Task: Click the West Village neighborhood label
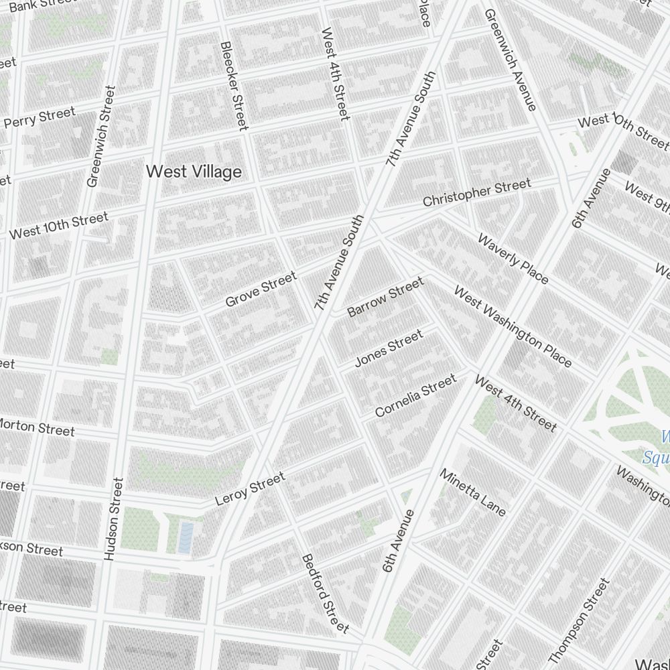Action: [194, 172]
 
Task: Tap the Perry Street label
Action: [40, 118]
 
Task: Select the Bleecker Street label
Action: [234, 86]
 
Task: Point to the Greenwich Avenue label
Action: [511, 60]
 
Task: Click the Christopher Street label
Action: [476, 192]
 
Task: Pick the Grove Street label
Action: [261, 289]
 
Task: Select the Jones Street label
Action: [389, 348]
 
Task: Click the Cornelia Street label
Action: [415, 395]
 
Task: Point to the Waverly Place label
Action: [513, 259]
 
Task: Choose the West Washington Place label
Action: [513, 326]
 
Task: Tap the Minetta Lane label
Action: [472, 492]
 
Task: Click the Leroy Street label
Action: [250, 488]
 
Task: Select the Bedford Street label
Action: [325, 593]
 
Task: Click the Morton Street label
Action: [37, 427]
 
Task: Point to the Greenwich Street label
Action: [101, 137]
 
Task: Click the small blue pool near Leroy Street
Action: [186, 537]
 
